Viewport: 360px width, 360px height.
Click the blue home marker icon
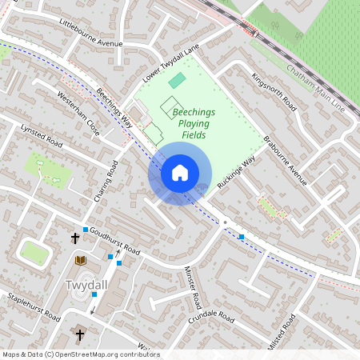point(180,172)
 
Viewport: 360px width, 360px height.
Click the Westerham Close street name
point(78,116)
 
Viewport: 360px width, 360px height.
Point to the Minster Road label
point(192,288)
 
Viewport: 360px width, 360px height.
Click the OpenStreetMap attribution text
point(80,354)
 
